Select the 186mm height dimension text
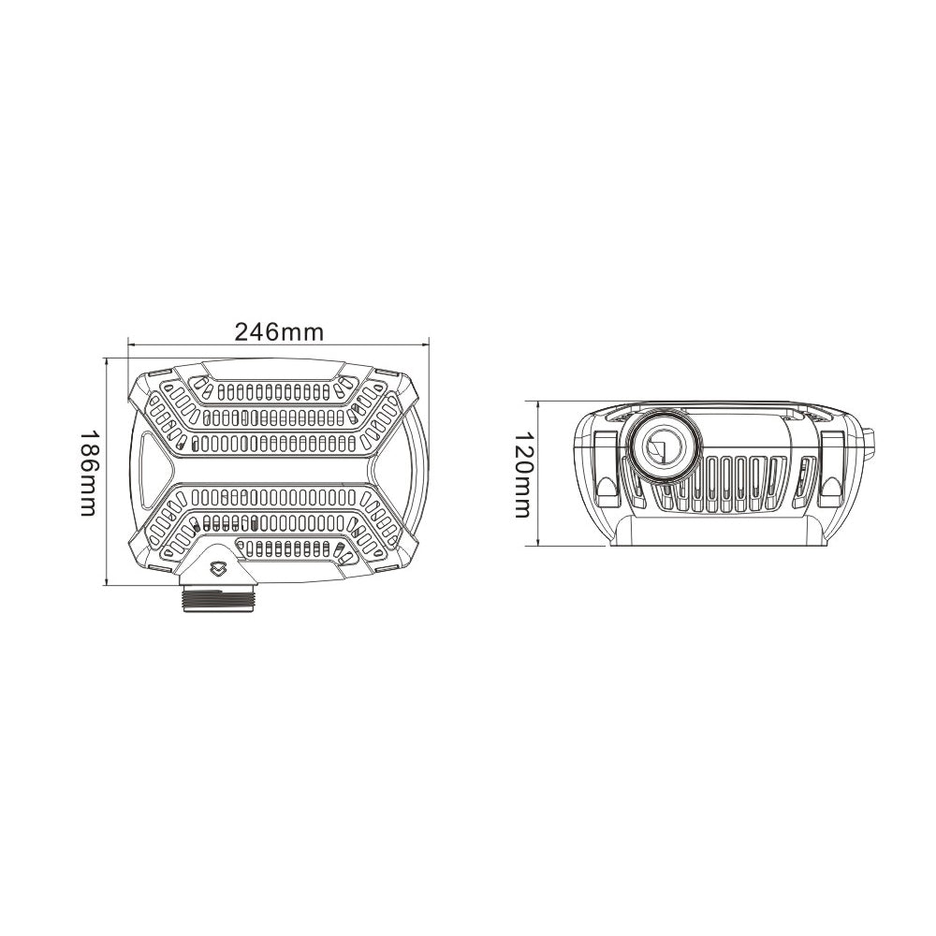89,473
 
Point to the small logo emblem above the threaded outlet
218,567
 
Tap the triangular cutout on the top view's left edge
149,460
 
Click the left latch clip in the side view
605,463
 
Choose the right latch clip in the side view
831,463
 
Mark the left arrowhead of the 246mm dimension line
131,344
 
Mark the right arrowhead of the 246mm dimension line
425,344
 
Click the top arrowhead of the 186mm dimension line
110,360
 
